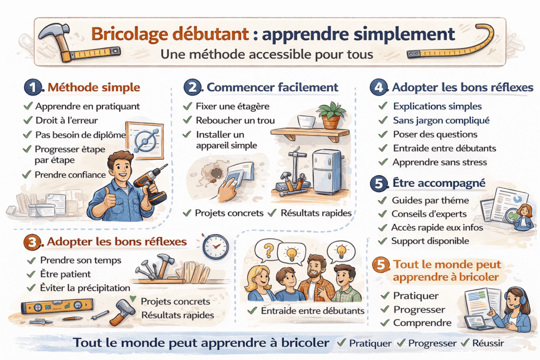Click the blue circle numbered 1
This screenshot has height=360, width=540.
coord(33,87)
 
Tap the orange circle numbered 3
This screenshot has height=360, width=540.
coord(32,242)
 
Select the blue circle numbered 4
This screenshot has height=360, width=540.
coord(379,87)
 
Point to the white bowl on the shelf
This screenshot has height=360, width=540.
coord(306,121)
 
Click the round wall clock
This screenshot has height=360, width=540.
coord(216,247)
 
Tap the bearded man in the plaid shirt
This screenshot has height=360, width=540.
coord(316,278)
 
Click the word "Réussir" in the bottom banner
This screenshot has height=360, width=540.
coord(488,343)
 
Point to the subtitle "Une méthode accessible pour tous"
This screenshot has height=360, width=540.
coord(267,54)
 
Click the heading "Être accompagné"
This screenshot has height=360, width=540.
coord(439,183)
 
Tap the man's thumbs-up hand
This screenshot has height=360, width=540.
coord(109,199)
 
